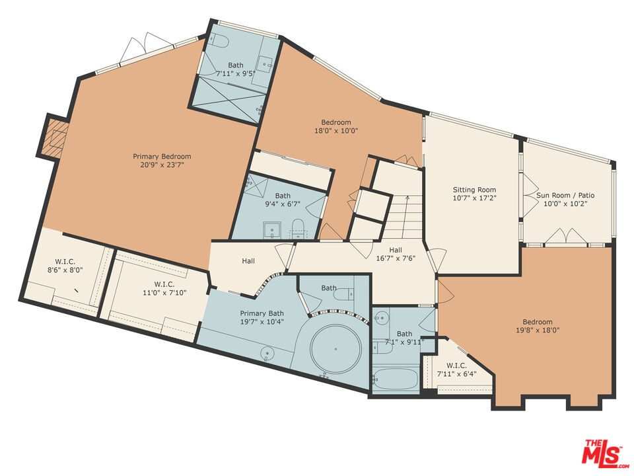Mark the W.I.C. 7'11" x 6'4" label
click(x=456, y=370)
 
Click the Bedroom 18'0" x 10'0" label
click(x=336, y=126)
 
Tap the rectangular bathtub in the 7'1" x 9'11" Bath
click(x=395, y=380)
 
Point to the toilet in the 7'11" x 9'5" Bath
click(x=221, y=41)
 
